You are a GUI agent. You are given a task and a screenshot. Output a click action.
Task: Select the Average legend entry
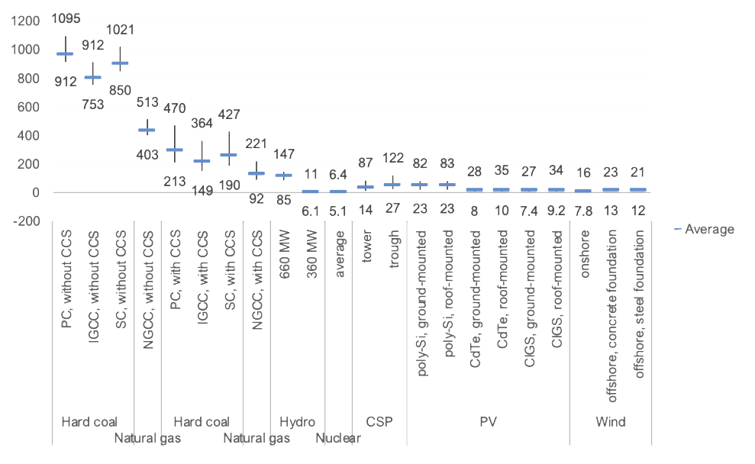(708, 230)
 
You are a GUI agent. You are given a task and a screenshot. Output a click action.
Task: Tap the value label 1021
(120, 30)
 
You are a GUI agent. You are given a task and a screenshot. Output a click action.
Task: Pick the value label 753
(92, 105)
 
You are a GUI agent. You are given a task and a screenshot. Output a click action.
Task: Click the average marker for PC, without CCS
(66, 54)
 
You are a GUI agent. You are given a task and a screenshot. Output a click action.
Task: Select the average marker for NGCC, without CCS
(147, 130)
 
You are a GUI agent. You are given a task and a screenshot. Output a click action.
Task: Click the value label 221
(256, 143)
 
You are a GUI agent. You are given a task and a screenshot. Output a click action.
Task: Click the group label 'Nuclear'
(338, 439)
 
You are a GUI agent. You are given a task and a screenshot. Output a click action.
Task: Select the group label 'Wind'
(610, 421)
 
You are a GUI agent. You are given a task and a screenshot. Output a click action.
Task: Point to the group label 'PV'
(488, 421)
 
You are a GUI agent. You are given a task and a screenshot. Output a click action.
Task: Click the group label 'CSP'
(379, 421)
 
